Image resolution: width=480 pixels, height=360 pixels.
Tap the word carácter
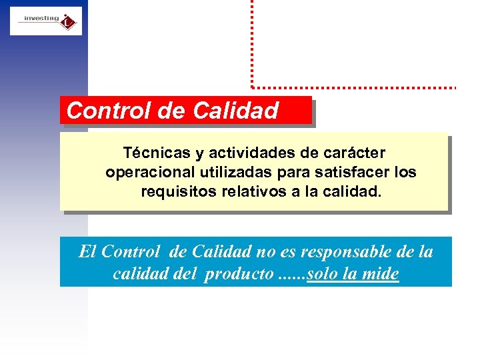[356, 153]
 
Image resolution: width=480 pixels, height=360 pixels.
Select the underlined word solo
[323, 274]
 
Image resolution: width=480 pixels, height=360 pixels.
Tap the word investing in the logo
[41, 19]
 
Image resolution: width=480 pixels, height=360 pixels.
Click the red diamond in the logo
[67, 23]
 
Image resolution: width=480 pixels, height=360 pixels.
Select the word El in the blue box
[87, 252]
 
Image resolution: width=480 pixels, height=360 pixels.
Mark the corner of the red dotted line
[252, 86]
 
